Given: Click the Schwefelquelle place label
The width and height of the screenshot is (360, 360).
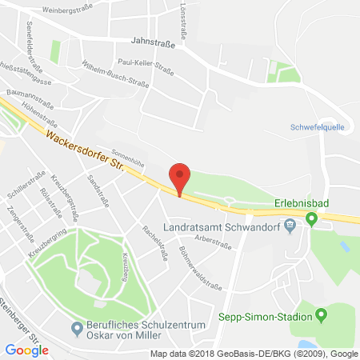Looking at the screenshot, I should pyautogui.click(x=314, y=126).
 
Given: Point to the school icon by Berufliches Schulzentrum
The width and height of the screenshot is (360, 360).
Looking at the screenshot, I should pyautogui.click(x=78, y=326).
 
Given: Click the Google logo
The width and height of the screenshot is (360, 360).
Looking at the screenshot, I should pyautogui.click(x=26, y=349).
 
